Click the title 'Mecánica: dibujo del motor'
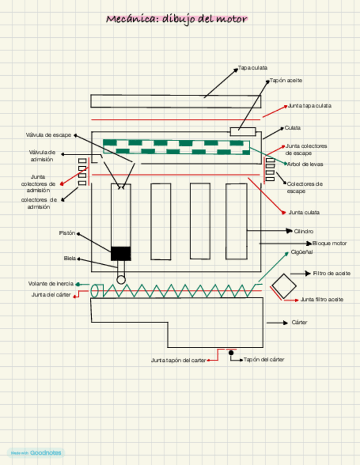click(177, 19)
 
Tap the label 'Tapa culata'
click(253, 68)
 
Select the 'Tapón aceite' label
click(286, 81)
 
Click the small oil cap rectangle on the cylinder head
click(243, 131)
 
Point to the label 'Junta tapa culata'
click(310, 105)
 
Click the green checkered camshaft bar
click(176, 147)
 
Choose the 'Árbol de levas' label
click(305, 164)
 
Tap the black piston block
click(121, 253)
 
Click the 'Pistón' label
click(67, 233)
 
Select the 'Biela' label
click(70, 258)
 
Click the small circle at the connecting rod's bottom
click(121, 280)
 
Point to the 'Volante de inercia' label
click(50, 283)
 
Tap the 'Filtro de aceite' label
click(331, 273)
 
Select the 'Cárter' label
click(300, 322)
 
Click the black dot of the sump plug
click(231, 353)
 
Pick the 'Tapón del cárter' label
click(263, 360)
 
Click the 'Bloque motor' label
click(329, 243)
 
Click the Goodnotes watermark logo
click(36, 453)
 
